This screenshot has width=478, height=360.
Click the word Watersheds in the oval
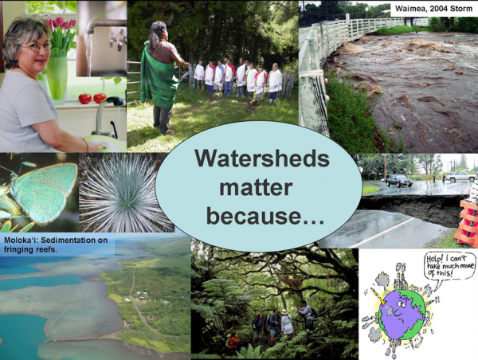pos(262,158)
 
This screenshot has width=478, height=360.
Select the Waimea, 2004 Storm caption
pos(434,8)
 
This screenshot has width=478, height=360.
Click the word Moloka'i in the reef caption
pos(21,241)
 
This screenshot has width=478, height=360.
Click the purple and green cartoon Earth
pos(402,315)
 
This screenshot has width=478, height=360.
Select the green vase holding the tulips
pos(57,78)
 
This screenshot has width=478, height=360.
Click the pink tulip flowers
pos(61,25)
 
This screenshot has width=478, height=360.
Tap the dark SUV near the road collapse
pos(399,181)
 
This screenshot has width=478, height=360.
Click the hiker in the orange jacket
pos(233,342)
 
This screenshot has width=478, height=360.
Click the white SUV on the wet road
pos(460,177)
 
